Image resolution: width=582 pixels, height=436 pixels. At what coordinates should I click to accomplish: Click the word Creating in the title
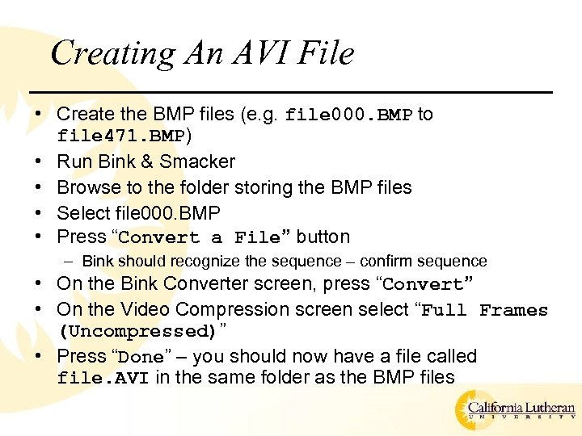pos(112,54)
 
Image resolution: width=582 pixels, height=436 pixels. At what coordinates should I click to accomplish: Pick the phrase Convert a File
pos(199,238)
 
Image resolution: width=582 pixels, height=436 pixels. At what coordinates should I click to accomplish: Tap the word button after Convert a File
pos(323,237)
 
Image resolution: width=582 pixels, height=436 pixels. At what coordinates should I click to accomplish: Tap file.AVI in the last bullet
pos(103,379)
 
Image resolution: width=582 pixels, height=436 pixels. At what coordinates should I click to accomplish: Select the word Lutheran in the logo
pos(545,409)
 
